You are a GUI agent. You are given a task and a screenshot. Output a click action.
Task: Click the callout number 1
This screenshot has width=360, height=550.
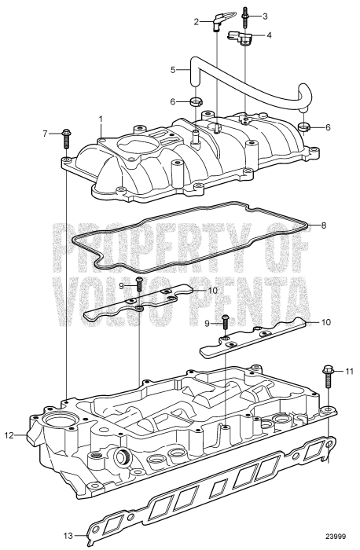pyautogui.click(x=101, y=119)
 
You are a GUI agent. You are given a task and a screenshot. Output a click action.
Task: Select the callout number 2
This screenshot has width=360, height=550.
pyautogui.click(x=197, y=22)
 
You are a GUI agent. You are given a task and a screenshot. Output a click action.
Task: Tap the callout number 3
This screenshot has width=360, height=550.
pyautogui.click(x=265, y=16)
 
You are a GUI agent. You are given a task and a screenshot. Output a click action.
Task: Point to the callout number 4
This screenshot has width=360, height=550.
pyautogui.click(x=270, y=35)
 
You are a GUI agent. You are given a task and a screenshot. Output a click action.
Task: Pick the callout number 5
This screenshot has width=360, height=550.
pyautogui.click(x=173, y=70)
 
